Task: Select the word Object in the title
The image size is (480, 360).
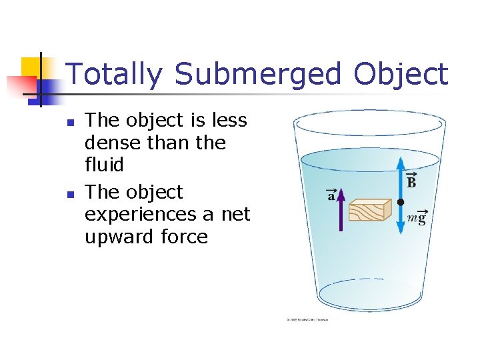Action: (401, 74)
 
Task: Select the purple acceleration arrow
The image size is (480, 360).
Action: (341, 210)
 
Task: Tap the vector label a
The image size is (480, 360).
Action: (331, 195)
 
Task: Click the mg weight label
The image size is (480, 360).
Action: (416, 219)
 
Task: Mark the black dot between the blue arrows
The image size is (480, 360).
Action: (400, 201)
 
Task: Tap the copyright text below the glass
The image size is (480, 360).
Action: (307, 321)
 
